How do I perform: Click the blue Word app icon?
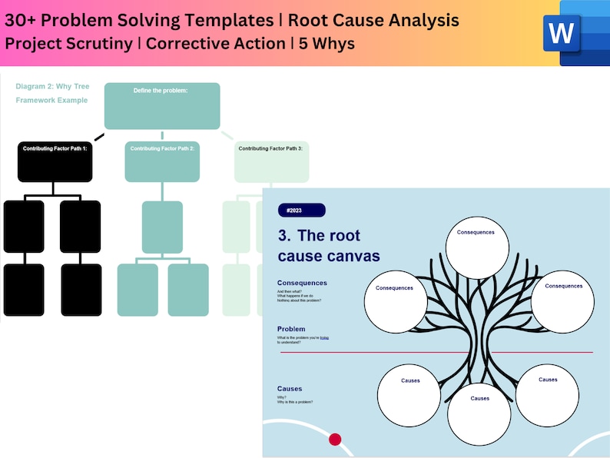[x=575, y=33]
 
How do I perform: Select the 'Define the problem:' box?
[x=161, y=106]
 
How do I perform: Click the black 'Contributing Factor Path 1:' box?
[x=55, y=161]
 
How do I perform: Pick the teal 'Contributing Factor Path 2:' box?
[x=162, y=161]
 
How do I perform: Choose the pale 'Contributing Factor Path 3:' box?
[x=270, y=161]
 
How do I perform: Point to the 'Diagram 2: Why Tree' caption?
[x=51, y=87]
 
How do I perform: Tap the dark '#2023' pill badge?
[x=301, y=211]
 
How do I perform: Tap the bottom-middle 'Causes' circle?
[x=479, y=414]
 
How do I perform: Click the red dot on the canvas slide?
[x=335, y=440]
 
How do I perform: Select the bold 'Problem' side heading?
[x=292, y=329]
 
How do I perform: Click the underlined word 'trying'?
[x=324, y=337]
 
